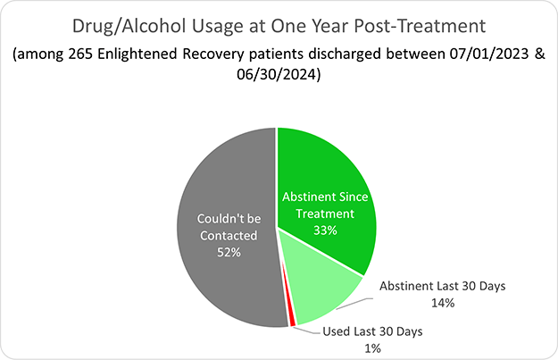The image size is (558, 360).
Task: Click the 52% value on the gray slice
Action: (229, 253)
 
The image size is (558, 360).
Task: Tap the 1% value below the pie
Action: (373, 347)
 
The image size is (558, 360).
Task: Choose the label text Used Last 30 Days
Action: (372, 331)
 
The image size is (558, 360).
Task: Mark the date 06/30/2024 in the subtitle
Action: (279, 76)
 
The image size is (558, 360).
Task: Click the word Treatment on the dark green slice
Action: (319, 213)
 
